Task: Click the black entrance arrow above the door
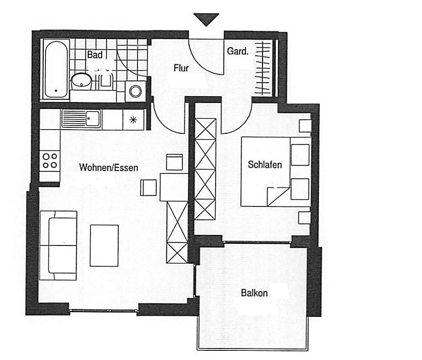[x=206, y=19]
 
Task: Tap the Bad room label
[x=95, y=55]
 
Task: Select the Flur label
[x=181, y=68]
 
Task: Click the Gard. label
[x=238, y=51]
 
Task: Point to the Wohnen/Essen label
[x=108, y=168]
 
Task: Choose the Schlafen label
[x=265, y=165]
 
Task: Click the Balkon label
[x=254, y=293]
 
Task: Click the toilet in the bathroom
[x=106, y=80]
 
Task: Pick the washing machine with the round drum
[x=135, y=91]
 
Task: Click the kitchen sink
[x=81, y=119]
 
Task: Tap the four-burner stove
[x=50, y=161]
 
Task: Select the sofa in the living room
[x=58, y=246]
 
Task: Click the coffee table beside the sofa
[x=104, y=246]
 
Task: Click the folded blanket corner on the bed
[x=278, y=196]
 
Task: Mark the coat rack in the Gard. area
[x=263, y=68]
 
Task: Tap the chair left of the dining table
[x=148, y=188]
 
